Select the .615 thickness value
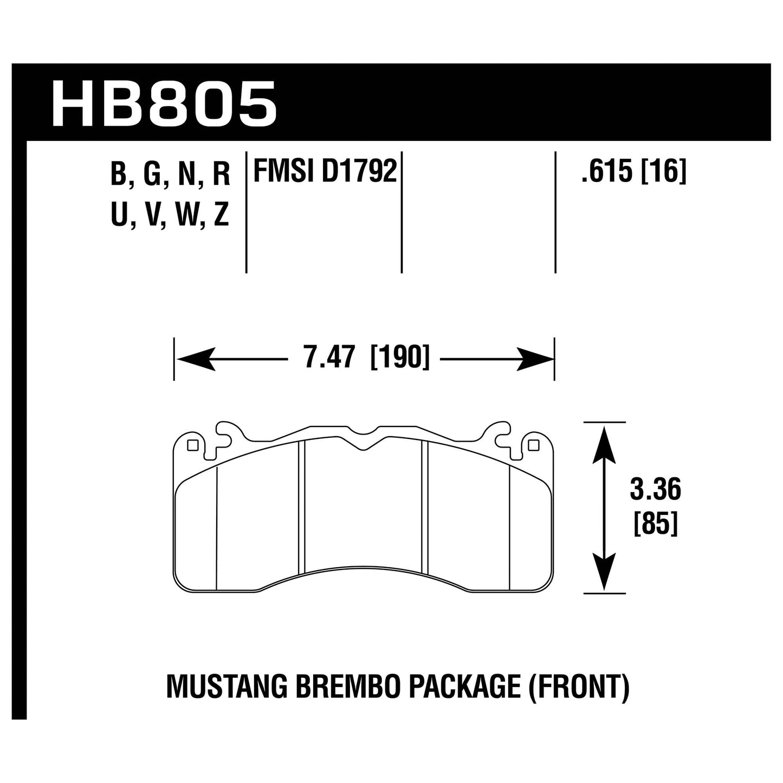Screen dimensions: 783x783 point(607,172)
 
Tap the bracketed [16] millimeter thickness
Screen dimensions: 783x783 point(664,172)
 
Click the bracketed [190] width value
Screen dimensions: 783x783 point(399,358)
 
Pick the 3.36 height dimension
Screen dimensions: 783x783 point(655,490)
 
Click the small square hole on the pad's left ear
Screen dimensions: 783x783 point(191,445)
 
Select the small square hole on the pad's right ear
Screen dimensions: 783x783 point(533,445)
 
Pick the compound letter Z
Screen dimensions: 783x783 point(221,215)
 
